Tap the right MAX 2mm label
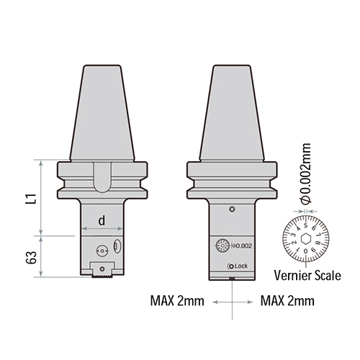[286, 300]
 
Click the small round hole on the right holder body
[231, 210]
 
